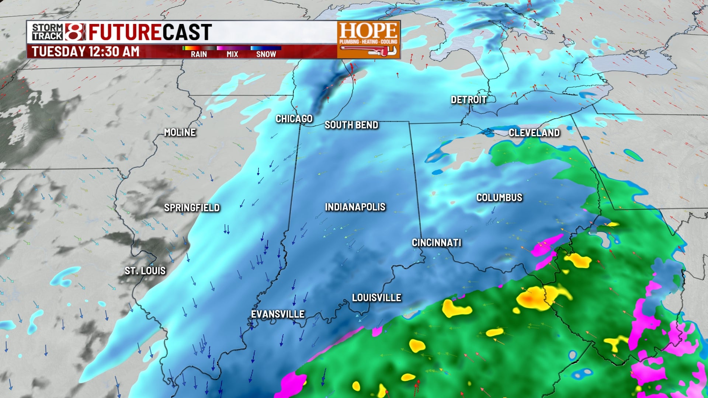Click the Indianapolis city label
pyautogui.click(x=355, y=207)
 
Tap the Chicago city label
pyautogui.click(x=294, y=119)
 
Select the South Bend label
pyautogui.click(x=351, y=125)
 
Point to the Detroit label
pyautogui.click(x=469, y=99)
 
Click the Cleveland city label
pyautogui.click(x=534, y=133)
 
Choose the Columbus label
pyautogui.click(x=499, y=198)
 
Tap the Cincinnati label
pyautogui.click(x=437, y=242)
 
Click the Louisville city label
pyautogui.click(x=376, y=297)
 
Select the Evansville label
pyautogui.click(x=278, y=314)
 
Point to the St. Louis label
pyautogui.click(x=145, y=271)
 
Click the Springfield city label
pyautogui.click(x=192, y=208)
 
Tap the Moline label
pyautogui.click(x=180, y=132)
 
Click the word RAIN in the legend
pyautogui.click(x=199, y=54)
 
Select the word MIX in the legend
pyautogui.click(x=232, y=54)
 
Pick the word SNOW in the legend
pyautogui.click(x=266, y=54)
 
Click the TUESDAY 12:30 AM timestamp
pyautogui.click(x=86, y=52)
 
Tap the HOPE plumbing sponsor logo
pyautogui.click(x=368, y=33)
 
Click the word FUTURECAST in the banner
pyautogui.click(x=150, y=32)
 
